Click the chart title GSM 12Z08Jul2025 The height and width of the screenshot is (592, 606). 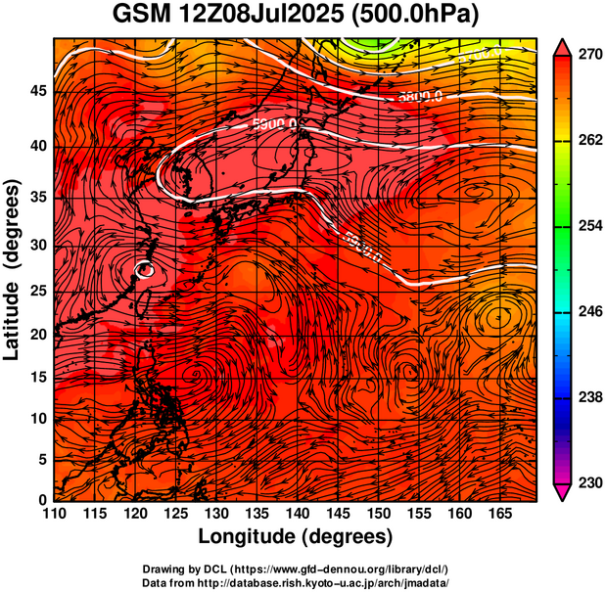(303, 15)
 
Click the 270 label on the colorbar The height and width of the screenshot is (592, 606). (588, 57)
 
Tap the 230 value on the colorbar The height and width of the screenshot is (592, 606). (588, 481)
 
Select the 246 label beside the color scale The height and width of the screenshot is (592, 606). (588, 312)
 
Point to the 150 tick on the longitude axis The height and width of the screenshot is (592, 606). (377, 514)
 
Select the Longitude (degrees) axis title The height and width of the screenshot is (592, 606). (296, 536)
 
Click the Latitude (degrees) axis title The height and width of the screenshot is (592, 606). (14, 269)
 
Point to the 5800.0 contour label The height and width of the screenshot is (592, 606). (421, 96)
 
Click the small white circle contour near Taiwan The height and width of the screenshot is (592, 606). (145, 269)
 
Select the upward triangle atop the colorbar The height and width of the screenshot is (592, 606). (563, 45)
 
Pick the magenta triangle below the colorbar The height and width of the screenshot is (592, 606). (563, 493)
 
